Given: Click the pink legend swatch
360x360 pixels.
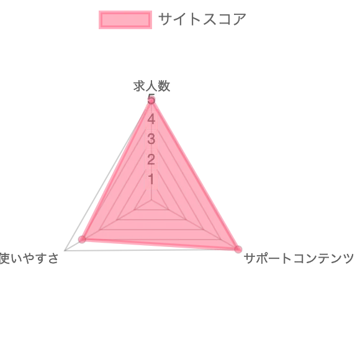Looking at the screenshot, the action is click(125, 20).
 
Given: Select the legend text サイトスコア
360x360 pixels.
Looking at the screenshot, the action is click(202, 19).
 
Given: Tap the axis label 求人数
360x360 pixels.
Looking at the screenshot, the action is click(151, 86).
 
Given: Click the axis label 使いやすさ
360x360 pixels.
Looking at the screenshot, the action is click(29, 258).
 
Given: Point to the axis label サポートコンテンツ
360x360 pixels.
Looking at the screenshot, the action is click(299, 258).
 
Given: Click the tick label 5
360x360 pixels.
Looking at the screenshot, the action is click(151, 99).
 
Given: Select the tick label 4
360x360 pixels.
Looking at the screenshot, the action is click(151, 119).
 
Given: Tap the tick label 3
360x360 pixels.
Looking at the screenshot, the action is click(151, 139).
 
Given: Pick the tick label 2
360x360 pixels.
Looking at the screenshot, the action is click(151, 159).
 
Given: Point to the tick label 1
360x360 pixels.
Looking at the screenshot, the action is click(151, 179).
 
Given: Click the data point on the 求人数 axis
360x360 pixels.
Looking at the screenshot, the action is click(151, 101).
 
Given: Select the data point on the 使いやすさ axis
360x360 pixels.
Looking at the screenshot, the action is click(82, 239).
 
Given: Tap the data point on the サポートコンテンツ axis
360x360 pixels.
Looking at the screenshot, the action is click(238, 249).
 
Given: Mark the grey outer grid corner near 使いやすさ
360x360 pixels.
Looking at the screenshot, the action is click(65, 251).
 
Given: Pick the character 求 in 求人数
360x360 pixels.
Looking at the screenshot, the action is click(139, 86).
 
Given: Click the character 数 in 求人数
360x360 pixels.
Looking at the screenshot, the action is click(164, 86).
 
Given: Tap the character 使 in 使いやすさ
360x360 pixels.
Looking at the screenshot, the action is click(4, 258).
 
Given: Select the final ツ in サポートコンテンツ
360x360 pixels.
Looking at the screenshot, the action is click(348, 258).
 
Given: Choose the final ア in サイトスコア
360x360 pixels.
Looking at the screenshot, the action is click(240, 19).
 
